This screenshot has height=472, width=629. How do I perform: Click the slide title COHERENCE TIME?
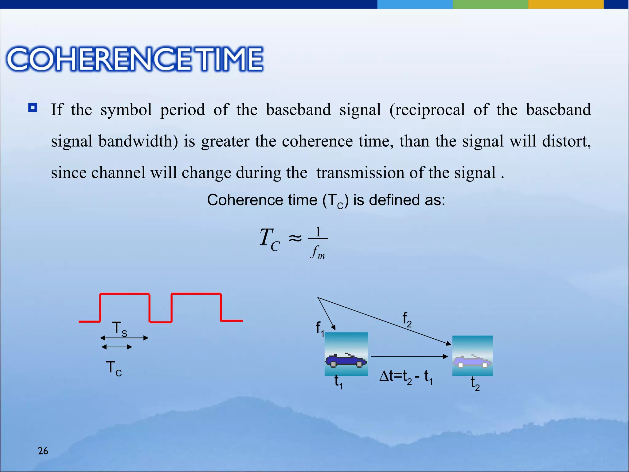click(135, 59)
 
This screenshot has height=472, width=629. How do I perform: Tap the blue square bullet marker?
click(33, 108)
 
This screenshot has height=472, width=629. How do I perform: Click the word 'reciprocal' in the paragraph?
click(427, 110)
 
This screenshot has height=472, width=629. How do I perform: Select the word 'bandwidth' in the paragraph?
click(138, 141)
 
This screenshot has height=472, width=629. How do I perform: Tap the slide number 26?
click(43, 451)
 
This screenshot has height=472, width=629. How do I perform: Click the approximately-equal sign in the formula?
click(295, 238)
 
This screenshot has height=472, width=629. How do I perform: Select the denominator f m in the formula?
click(318, 252)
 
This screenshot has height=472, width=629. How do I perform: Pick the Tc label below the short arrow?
click(114, 368)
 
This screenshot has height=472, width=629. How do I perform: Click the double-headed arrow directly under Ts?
click(124, 338)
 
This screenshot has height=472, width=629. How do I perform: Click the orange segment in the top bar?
click(566, 4)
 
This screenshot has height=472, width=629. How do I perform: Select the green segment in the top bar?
click(490, 4)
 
